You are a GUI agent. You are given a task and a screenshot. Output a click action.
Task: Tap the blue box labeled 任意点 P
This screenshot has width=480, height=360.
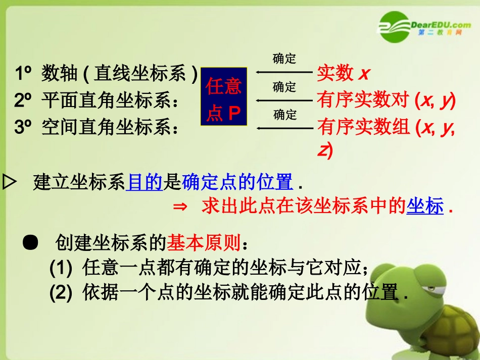(224, 96)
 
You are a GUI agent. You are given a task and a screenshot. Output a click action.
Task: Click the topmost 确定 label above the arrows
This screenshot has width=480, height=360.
(284, 59)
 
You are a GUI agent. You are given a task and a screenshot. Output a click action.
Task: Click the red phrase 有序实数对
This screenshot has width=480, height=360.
(362, 100)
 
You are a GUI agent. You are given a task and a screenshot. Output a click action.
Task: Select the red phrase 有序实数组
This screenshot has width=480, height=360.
(363, 128)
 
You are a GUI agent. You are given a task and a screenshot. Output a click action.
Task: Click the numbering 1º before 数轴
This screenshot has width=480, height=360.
(24, 74)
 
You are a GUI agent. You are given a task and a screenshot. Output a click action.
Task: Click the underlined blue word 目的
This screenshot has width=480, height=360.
(145, 182)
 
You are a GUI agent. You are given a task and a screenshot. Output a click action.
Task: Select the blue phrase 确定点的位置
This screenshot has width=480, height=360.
(237, 182)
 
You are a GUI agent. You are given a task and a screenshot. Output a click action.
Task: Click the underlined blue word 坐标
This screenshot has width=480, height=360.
(425, 207)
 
